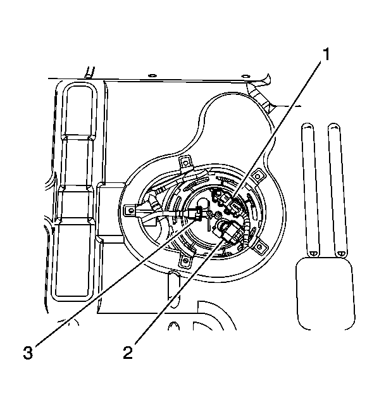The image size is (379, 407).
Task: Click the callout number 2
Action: click(128, 353)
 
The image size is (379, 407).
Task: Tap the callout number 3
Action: click(28, 353)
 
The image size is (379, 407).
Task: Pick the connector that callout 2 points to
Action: click(228, 230)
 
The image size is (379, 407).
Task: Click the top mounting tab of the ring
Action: click(186, 163)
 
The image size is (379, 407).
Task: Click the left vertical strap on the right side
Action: click(310, 190)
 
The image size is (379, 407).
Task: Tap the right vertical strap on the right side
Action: click(337, 190)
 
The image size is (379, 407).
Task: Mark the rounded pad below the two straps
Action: click(325, 293)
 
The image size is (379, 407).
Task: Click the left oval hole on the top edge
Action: click(152, 75)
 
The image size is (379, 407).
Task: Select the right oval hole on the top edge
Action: click(245, 76)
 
